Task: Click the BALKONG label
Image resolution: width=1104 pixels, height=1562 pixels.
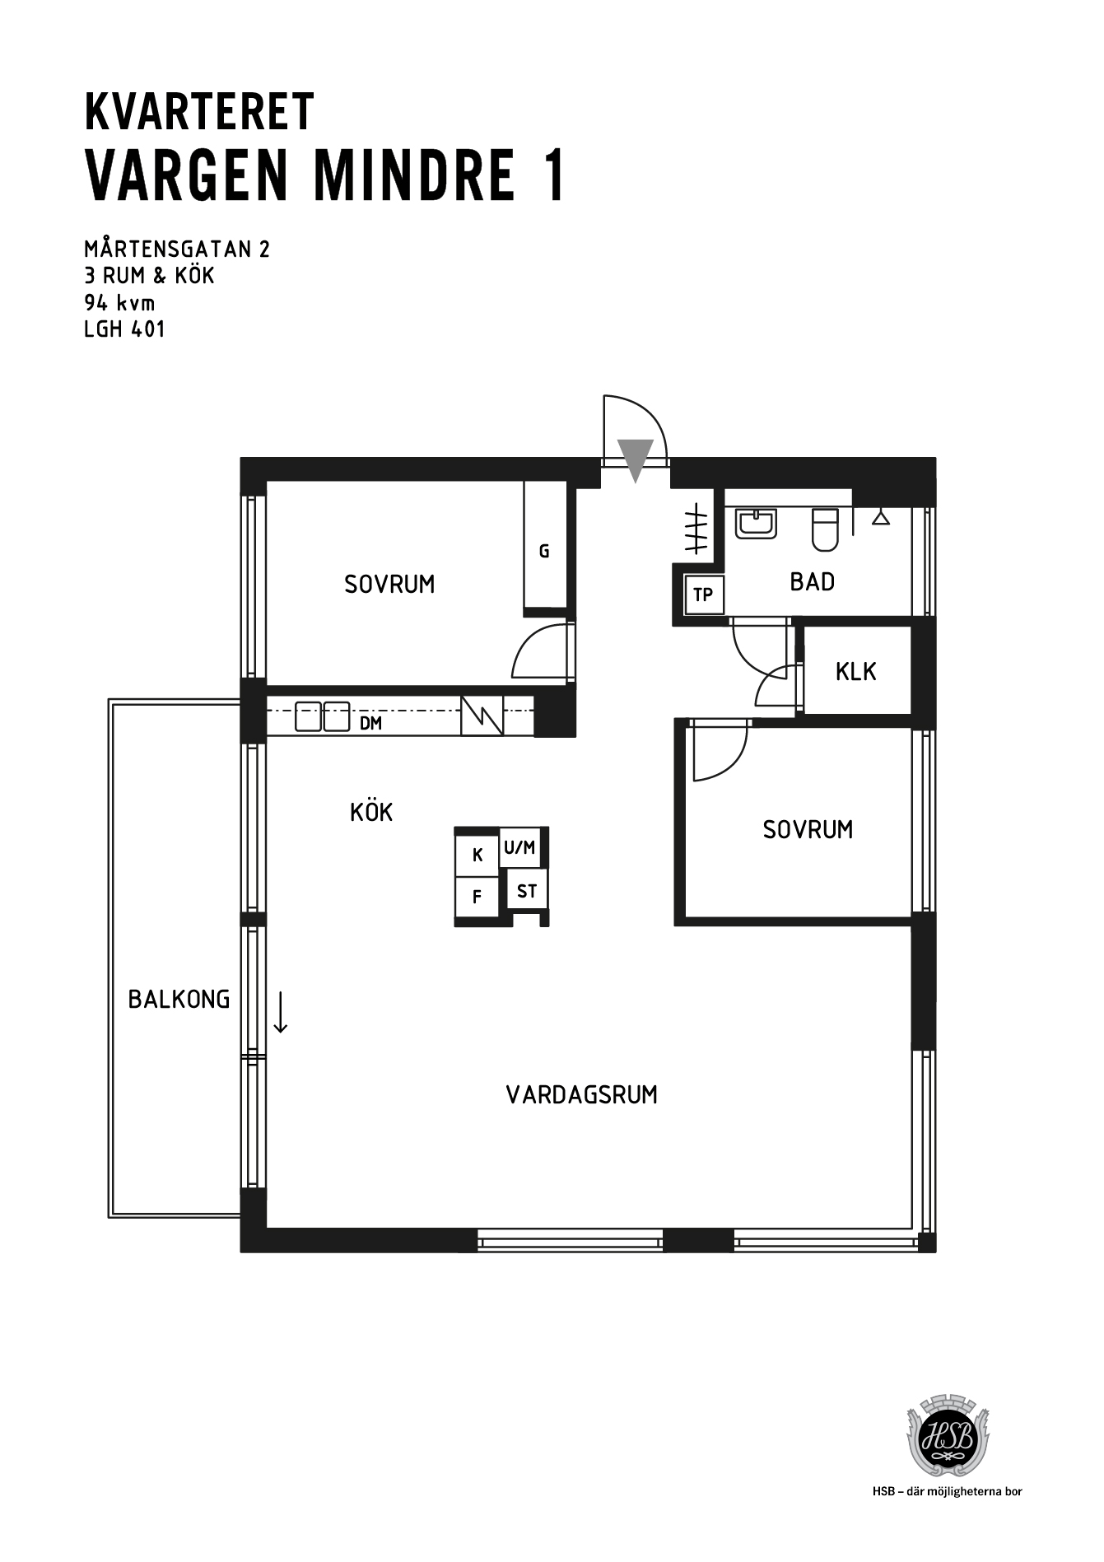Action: point(179,1000)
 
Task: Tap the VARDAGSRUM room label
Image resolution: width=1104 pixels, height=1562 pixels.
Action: point(581,1095)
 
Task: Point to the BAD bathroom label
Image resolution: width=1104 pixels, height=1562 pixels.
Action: point(812,582)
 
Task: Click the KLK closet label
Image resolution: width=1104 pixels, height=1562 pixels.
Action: point(855,672)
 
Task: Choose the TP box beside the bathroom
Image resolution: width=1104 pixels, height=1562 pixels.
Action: point(703,594)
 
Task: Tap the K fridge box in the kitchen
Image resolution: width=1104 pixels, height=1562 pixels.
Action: point(477,855)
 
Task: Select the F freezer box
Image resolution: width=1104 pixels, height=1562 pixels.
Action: point(477,898)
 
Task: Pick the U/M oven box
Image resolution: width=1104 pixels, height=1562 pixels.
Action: point(520,847)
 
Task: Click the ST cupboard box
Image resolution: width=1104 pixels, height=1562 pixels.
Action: point(527,891)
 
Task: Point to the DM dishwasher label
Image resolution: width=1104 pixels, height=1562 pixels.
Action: point(371,724)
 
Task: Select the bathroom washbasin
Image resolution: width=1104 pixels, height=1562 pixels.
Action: point(756,524)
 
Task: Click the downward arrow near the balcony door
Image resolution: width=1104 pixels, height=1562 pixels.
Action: point(281,1012)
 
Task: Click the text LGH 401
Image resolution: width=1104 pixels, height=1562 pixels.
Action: point(125,329)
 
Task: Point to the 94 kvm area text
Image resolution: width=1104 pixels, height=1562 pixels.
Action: point(119,302)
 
